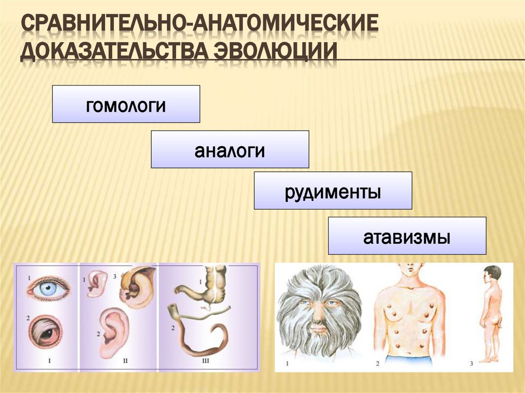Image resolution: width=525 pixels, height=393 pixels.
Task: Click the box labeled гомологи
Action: tap(126, 104)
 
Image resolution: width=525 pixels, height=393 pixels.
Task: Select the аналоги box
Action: tap(230, 149)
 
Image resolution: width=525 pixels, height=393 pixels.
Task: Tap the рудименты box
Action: tap(333, 191)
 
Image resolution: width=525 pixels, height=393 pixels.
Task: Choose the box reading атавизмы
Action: tap(407, 236)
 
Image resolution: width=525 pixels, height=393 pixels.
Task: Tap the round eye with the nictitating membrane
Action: tap(47, 332)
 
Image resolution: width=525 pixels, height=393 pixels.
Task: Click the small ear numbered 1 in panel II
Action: tap(96, 283)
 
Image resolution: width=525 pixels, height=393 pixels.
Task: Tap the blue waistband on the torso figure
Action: tap(408, 359)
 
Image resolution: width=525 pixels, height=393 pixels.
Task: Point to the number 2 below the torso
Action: tap(377, 364)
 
